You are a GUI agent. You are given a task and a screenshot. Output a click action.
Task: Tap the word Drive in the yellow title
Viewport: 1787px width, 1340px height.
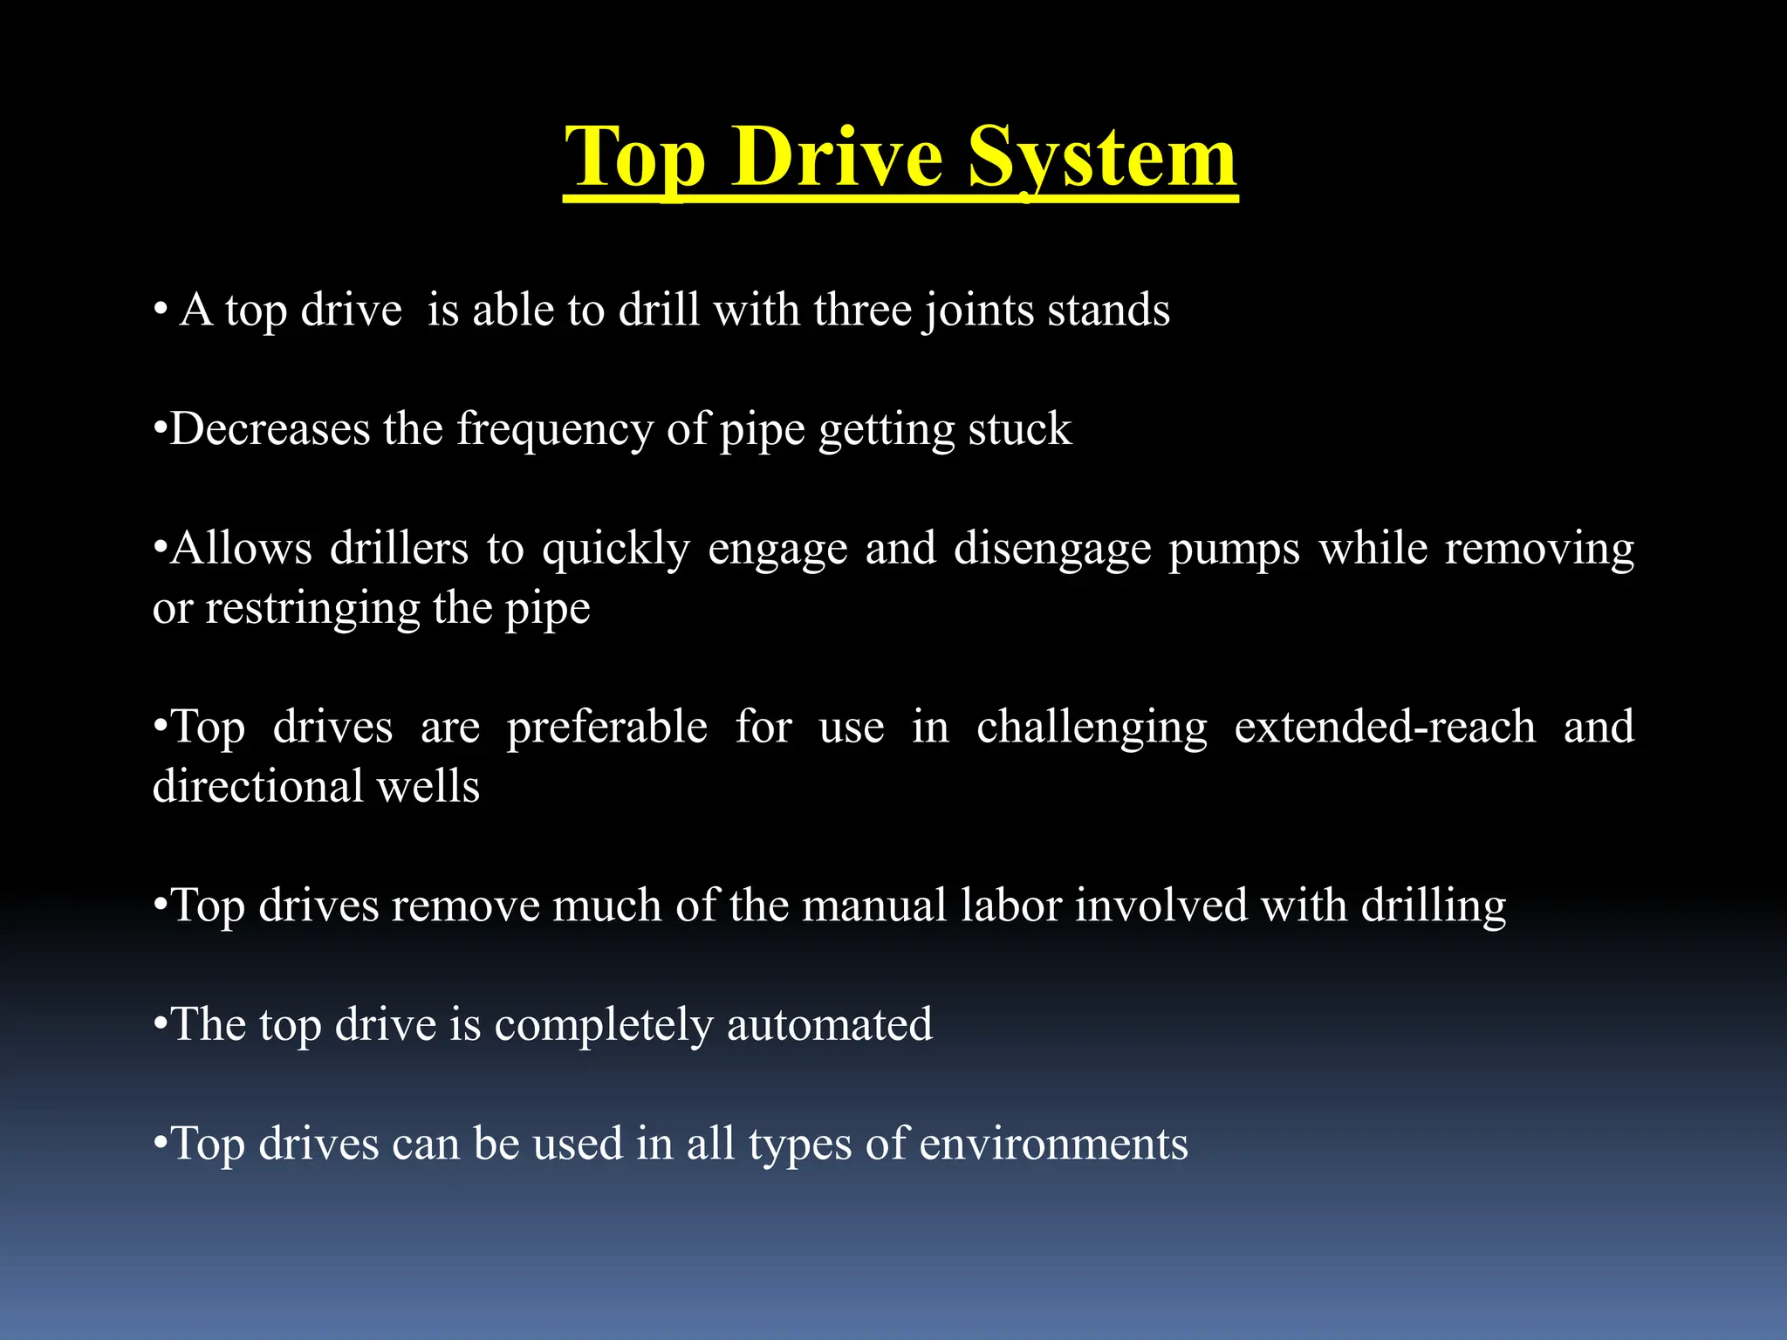[838, 157]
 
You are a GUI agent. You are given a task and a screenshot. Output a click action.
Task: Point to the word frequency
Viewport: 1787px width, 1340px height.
[555, 430]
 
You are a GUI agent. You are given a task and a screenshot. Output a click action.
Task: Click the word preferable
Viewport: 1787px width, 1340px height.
[606, 727]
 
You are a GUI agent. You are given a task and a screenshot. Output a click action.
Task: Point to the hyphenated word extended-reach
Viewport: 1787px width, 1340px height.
[1385, 727]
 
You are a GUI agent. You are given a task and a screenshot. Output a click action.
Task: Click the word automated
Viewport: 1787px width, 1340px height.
[829, 1024]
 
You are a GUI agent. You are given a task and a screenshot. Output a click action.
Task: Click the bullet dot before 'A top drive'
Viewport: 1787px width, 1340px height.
[160, 311]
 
